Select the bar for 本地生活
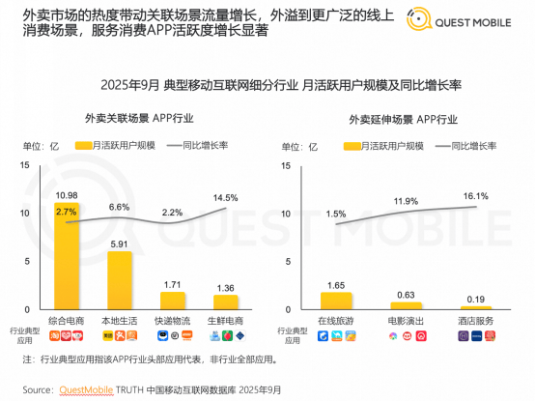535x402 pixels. pos(120,280)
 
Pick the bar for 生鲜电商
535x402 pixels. pos(225,302)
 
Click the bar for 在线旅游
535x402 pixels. pos(337,301)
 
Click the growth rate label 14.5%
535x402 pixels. pos(225,197)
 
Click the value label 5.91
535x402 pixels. pos(120,244)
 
